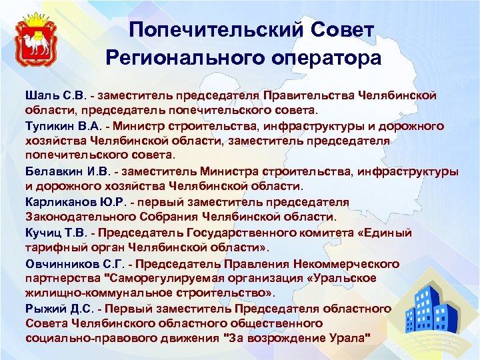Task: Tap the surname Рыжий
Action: [x=43, y=309]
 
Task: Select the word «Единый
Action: [x=385, y=233]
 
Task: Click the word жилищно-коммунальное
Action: [x=90, y=293]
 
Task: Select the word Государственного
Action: [x=254, y=233]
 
